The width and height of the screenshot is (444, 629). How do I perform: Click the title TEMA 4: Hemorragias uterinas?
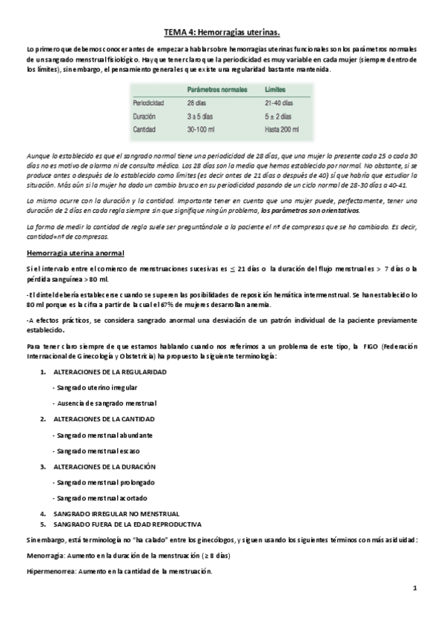[222, 33]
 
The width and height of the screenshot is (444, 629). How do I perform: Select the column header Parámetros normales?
[217, 89]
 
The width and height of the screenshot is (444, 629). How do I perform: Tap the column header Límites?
[276, 89]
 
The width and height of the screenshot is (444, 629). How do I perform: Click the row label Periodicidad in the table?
[149, 103]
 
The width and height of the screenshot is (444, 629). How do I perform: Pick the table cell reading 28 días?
[197, 103]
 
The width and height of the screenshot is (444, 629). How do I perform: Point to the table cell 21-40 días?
[279, 103]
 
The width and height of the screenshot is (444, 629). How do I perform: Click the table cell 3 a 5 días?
[201, 116]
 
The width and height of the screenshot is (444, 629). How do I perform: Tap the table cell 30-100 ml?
[202, 129]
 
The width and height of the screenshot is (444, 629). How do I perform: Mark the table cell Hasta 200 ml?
[282, 129]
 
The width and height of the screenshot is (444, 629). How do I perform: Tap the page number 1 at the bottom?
[415, 588]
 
